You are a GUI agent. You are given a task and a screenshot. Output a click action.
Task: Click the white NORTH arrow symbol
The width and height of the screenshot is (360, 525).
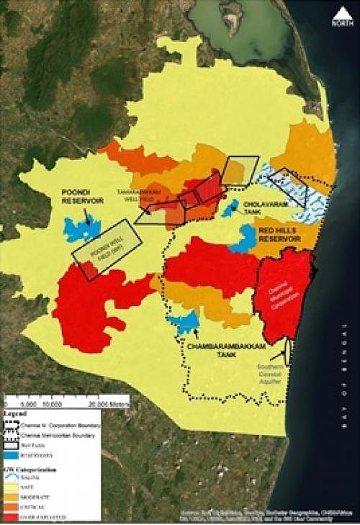click(343, 16)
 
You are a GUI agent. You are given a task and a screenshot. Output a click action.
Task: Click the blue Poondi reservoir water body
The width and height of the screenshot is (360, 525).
click(81, 228)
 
